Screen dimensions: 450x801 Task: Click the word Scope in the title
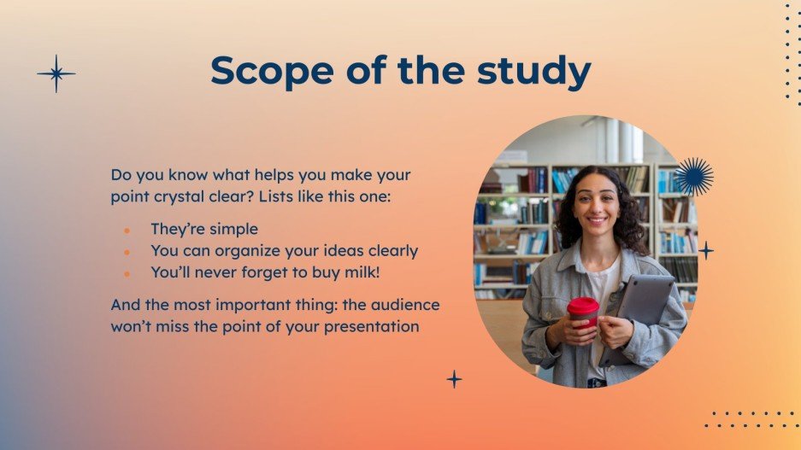262,71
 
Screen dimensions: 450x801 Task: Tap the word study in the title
539,71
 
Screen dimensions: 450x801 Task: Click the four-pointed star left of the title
56,73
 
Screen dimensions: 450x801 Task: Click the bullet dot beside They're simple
127,230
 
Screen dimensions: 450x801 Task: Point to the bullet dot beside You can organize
127,251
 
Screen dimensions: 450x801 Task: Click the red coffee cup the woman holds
583,311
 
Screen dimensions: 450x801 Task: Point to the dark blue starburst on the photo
693,177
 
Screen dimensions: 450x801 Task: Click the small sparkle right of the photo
706,250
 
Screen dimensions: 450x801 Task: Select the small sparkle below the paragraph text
455,378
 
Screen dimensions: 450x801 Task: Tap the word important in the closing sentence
242,304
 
